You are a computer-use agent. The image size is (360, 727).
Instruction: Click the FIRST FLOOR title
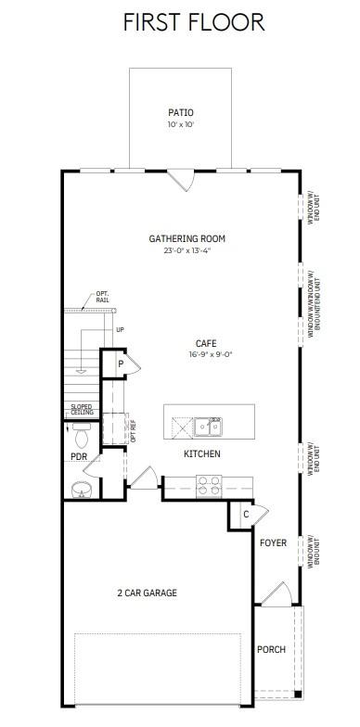point(193,22)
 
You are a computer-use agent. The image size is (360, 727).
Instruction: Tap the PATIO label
point(181,113)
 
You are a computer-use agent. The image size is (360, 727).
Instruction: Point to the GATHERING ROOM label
point(186,238)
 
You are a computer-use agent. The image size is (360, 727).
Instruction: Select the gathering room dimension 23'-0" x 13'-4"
point(186,250)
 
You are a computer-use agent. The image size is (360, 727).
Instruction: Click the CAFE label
point(206,342)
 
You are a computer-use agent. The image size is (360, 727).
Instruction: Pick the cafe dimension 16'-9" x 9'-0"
point(206,353)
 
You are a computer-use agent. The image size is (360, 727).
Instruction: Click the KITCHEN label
point(201,453)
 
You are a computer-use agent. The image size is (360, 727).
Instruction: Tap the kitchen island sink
point(208,427)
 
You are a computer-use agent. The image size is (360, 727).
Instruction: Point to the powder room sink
point(81,489)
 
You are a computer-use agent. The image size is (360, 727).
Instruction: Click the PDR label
point(79,457)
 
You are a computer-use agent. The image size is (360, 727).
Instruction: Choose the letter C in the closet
point(246,515)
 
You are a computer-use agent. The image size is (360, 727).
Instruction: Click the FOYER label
point(273,542)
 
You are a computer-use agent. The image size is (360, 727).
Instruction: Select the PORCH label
point(271,649)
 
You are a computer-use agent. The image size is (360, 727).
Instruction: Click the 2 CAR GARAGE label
point(147,593)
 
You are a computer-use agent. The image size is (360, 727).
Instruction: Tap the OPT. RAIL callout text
point(102,297)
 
